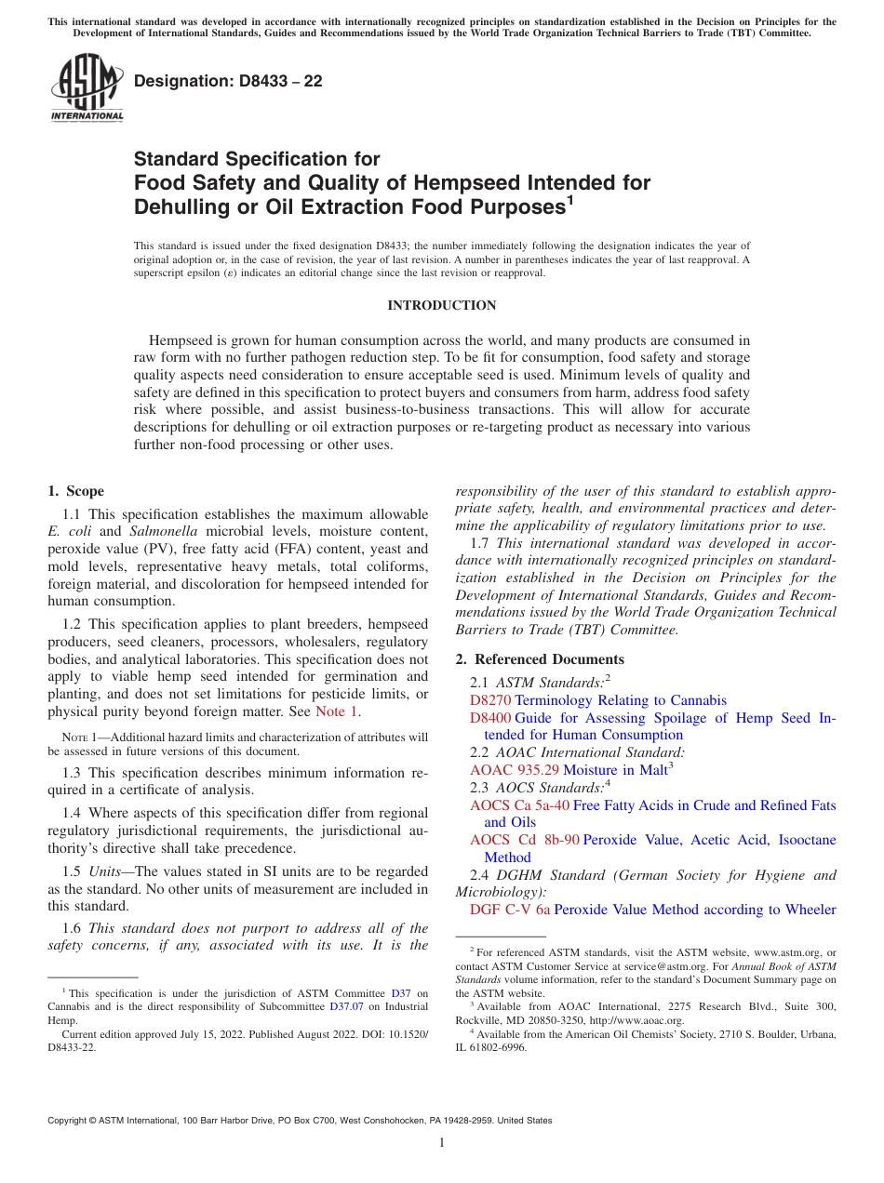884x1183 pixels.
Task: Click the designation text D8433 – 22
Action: (228, 81)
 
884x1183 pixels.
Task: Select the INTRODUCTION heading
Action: (442, 305)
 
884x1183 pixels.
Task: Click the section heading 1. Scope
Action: (75, 491)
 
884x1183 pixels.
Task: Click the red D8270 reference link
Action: (490, 700)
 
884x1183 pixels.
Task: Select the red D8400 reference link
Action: (490, 718)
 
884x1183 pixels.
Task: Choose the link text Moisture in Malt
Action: (615, 770)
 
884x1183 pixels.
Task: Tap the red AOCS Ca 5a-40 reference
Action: (519, 805)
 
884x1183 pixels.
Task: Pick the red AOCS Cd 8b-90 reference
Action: (524, 840)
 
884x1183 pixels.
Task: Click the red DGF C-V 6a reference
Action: (510, 910)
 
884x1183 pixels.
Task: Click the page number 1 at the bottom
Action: (442, 1143)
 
